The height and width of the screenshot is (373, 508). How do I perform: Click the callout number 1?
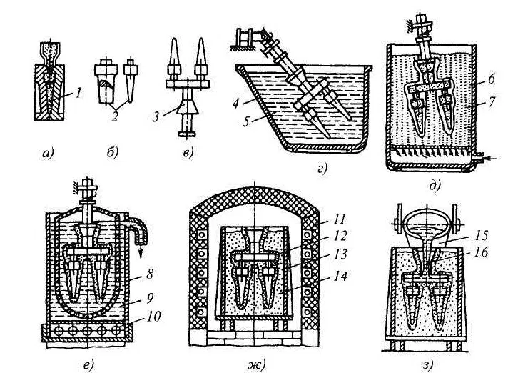tap(78, 94)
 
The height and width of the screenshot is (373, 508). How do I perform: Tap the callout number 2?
tap(113, 116)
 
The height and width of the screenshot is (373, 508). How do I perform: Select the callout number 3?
tap(156, 116)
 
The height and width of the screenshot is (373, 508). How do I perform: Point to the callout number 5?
tap(247, 122)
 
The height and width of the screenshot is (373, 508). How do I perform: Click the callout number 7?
tap(491, 102)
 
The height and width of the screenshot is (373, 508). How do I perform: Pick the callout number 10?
tap(153, 316)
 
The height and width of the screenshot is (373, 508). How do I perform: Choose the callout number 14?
tap(340, 276)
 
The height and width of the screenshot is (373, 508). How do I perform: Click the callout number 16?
tap(480, 252)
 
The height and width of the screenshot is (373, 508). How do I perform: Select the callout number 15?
tap(480, 235)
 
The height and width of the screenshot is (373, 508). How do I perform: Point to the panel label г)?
tap(322, 169)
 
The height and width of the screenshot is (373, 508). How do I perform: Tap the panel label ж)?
tap(256, 364)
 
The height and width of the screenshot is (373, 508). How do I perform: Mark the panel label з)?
tap(427, 365)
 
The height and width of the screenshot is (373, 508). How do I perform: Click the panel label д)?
tap(435, 186)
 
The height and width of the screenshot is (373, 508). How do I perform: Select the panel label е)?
tap(88, 364)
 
